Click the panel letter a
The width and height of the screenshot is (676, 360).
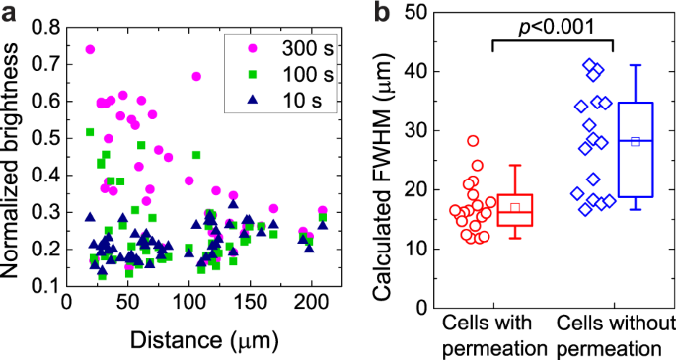click(10, 13)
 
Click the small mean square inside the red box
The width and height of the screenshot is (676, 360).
click(515, 208)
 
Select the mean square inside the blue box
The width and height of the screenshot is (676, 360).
click(636, 142)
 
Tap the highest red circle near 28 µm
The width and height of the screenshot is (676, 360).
click(472, 141)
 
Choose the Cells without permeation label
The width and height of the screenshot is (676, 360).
click(614, 335)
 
